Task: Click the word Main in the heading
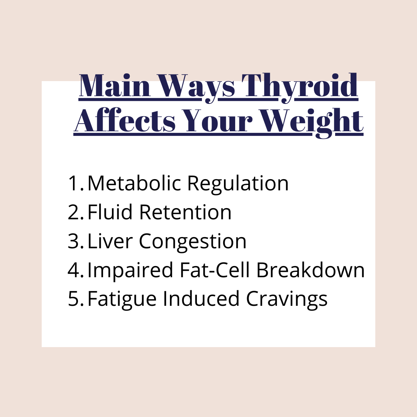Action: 115,85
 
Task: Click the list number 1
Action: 76,183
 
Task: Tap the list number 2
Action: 76,212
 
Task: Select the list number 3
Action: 76,241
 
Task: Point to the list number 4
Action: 76,270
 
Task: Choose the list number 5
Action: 76,298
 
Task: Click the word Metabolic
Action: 134,183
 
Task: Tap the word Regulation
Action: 238,185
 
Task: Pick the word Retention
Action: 185,212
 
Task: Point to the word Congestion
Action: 193,242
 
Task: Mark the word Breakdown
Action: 310,270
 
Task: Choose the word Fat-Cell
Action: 215,270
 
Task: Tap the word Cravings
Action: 286,300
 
